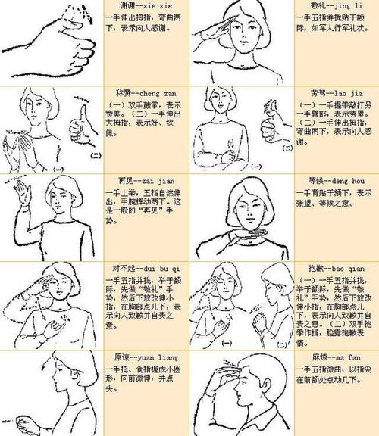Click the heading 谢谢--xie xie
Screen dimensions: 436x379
pos(137,8)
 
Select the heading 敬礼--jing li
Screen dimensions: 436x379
pos(325,8)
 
